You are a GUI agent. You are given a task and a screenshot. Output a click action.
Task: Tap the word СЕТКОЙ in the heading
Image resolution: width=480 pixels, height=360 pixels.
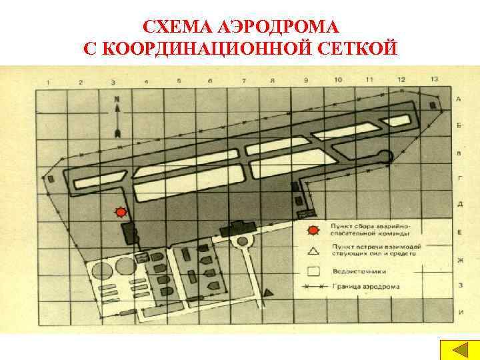coord(357,49)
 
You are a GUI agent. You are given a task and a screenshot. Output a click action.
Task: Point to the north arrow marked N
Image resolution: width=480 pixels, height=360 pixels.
coord(117,116)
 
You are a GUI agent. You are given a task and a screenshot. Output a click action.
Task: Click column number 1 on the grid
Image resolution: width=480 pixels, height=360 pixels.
coord(48,82)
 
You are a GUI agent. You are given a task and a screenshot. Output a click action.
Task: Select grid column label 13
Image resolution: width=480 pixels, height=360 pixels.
coord(434,79)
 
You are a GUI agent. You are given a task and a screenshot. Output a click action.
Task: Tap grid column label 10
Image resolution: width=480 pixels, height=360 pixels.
coord(338,80)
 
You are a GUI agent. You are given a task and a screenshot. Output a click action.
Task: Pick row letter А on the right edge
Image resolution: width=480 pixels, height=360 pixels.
coord(459,99)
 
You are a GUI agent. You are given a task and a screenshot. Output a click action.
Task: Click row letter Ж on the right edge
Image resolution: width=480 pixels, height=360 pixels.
coord(459,260)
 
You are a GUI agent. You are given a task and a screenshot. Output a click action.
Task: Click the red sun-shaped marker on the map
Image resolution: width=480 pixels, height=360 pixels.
coord(121,212)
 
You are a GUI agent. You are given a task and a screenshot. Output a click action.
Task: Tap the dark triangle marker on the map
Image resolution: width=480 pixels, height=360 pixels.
coord(269,293)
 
